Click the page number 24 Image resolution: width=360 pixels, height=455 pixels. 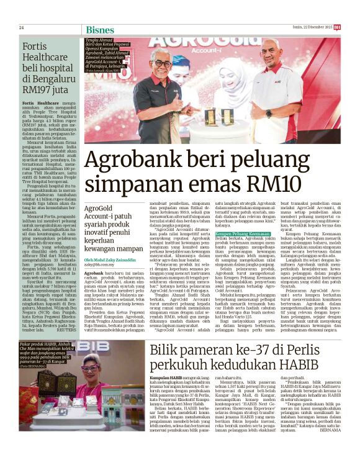pos(21,27)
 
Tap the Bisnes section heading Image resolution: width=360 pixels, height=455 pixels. pos(100,29)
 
